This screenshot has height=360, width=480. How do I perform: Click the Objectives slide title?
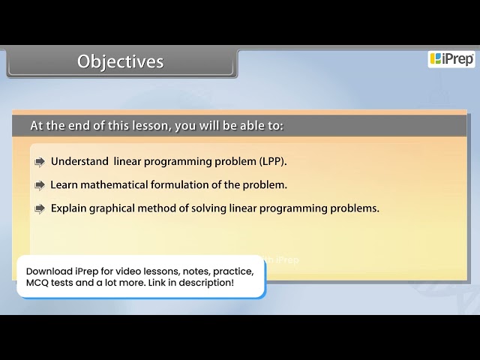click(120, 61)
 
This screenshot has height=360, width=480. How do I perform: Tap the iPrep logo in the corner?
click(451, 59)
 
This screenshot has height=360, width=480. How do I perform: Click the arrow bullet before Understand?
click(40, 162)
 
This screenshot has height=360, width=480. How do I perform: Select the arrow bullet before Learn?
click(40, 185)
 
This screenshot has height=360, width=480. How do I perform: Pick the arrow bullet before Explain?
click(40, 209)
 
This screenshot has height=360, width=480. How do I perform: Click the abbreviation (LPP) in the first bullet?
click(273, 161)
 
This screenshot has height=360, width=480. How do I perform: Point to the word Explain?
click(68, 208)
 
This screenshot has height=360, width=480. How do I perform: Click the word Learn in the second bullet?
click(64, 184)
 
